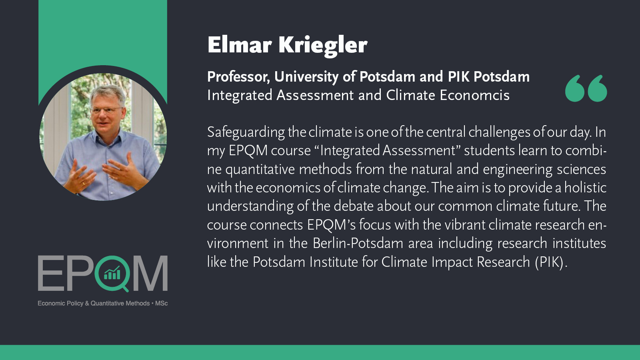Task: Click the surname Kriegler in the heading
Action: pos(323,46)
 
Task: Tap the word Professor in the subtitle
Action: pos(238,77)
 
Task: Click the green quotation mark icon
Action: pos(586,88)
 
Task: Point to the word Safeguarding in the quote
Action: pos(246,133)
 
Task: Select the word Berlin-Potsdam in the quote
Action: pos(358,244)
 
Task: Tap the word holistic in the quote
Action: pos(585,188)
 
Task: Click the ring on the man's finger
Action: pos(83,184)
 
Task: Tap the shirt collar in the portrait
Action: pos(107,137)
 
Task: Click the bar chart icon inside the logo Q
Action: pos(112,272)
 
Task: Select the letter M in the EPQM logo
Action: pos(150,274)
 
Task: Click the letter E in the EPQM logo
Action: pos(51,274)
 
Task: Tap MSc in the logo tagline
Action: pos(161,304)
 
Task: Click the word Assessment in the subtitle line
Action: pos(315,95)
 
